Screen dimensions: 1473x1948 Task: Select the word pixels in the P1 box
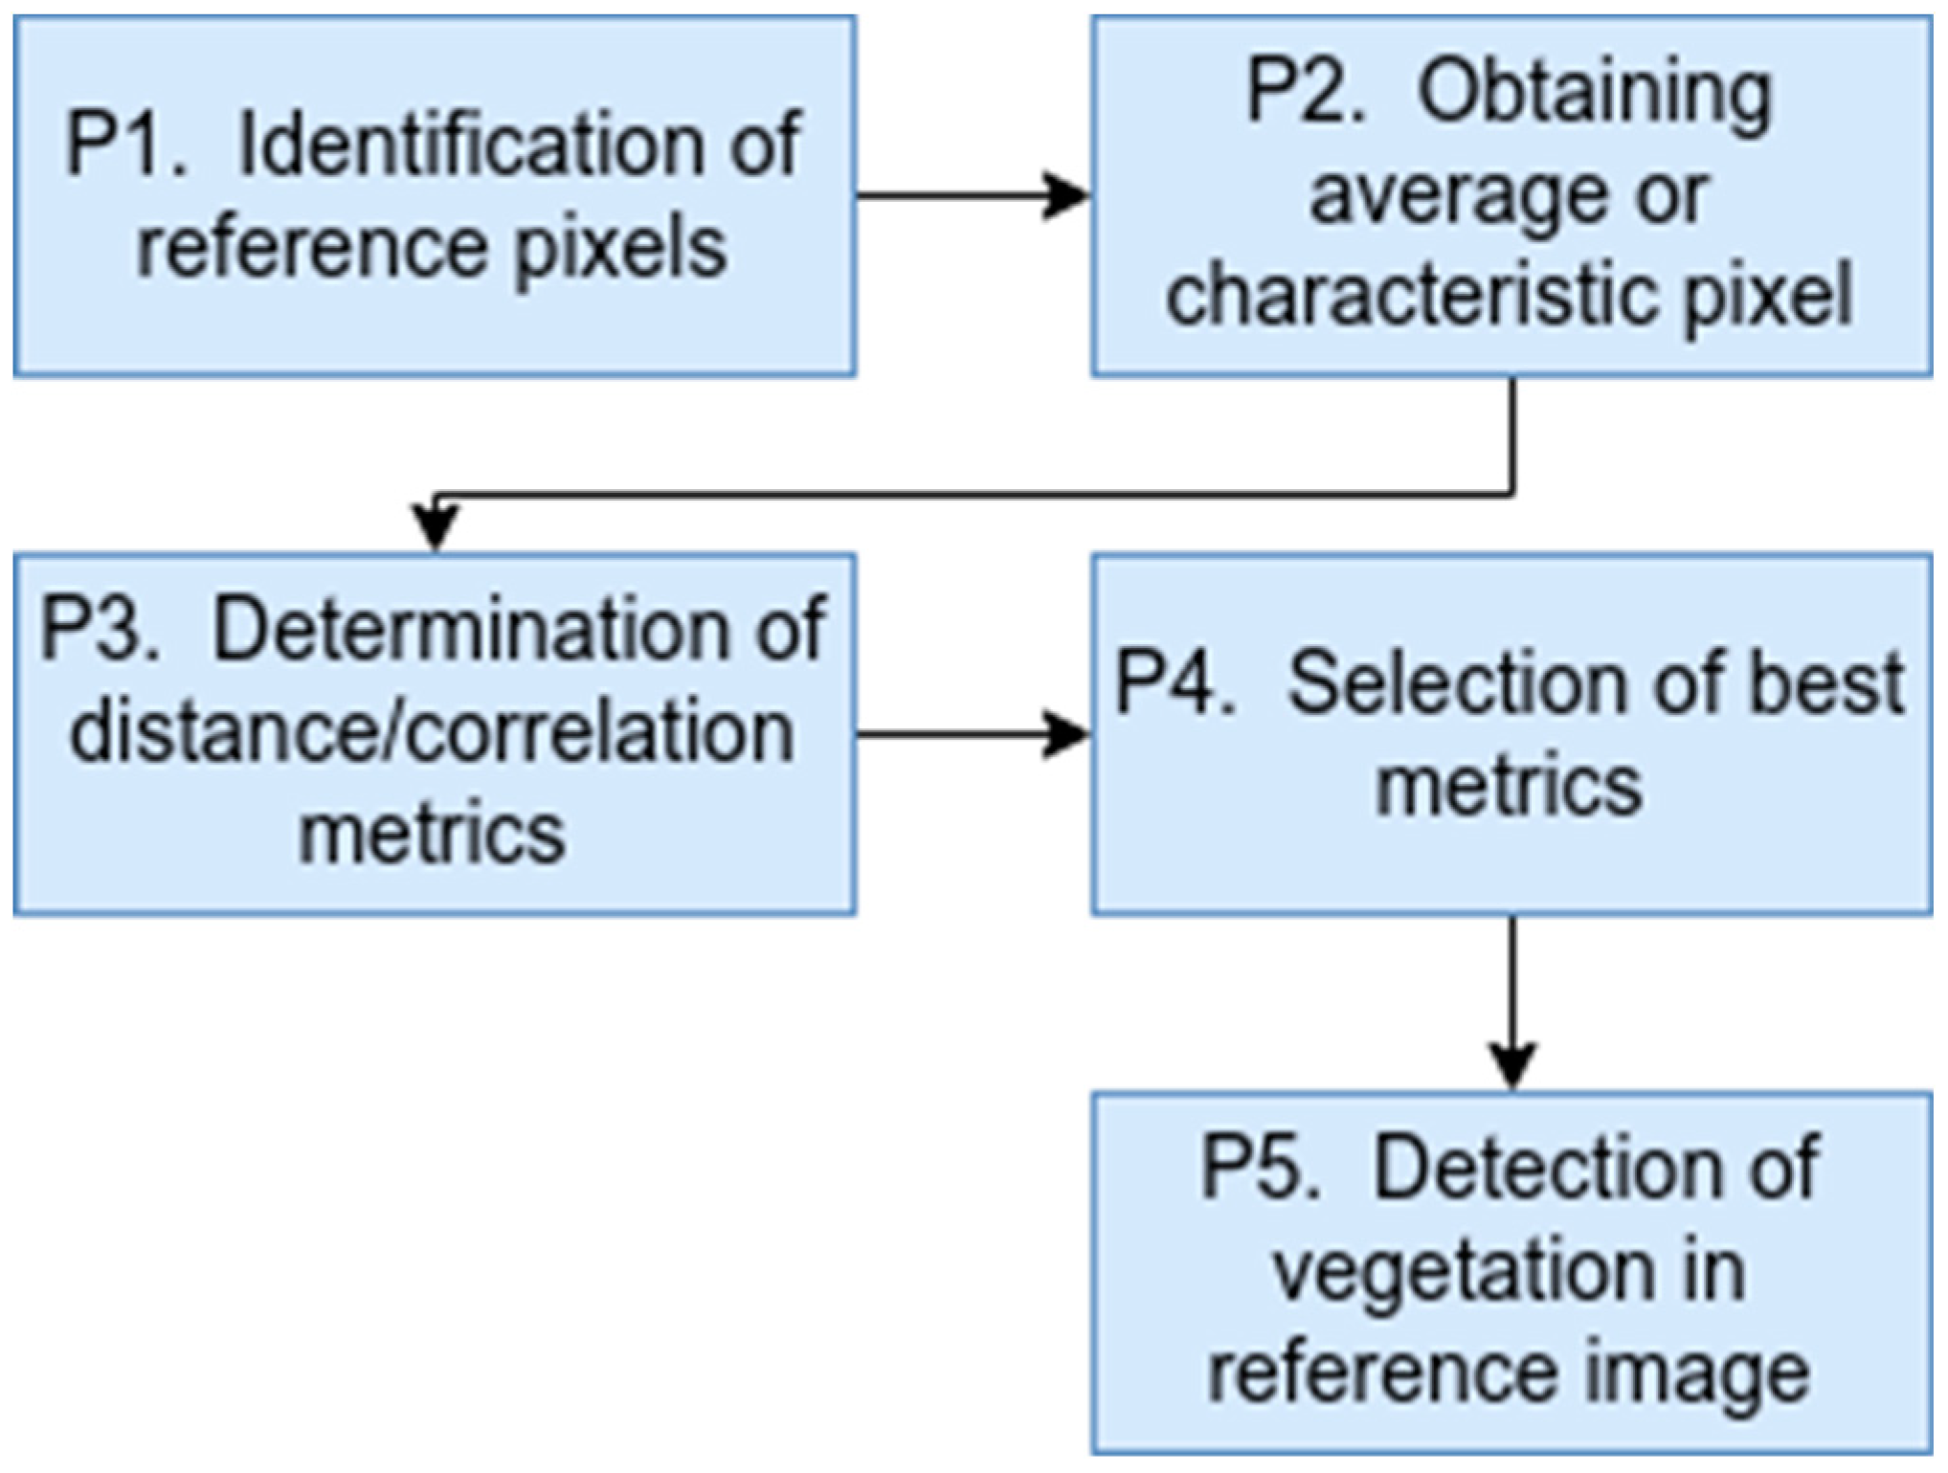[621, 250]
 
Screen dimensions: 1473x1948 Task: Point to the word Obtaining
[1595, 96]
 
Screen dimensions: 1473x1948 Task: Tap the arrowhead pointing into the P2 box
[1065, 196]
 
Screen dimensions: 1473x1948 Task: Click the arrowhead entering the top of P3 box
[436, 526]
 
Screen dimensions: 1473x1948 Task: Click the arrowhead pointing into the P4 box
[1065, 735]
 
